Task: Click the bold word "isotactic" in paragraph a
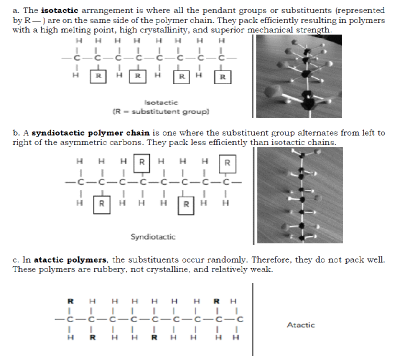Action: [59, 10]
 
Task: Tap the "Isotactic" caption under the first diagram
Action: [163, 102]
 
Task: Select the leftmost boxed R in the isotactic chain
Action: [98, 76]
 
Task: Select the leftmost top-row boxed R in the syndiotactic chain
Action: [142, 162]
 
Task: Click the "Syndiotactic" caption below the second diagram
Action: [153, 236]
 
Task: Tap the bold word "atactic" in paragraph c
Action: [48, 260]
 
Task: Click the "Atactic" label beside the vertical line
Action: [301, 325]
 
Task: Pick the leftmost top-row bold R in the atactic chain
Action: [70, 301]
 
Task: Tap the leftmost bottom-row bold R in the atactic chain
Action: [92, 337]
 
